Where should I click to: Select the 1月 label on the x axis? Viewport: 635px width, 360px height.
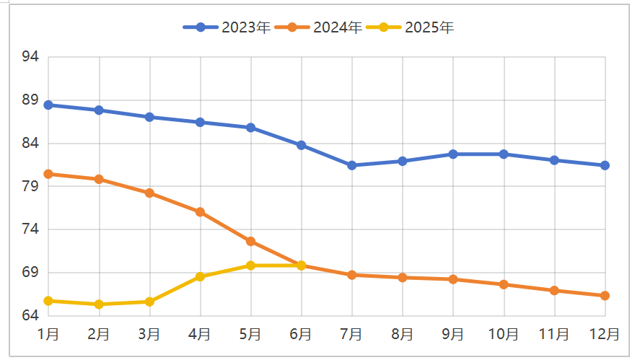coord(48,335)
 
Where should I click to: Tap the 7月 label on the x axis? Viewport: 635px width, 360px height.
coord(351,335)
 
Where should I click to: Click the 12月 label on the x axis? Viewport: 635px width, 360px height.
coord(605,335)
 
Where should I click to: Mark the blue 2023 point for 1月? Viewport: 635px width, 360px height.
coord(48,105)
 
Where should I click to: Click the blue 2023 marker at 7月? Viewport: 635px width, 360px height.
coord(351,165)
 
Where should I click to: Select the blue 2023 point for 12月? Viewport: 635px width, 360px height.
coord(605,165)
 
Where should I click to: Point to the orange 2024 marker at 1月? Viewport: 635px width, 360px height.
coord(48,174)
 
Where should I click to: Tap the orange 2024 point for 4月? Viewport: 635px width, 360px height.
coord(200,212)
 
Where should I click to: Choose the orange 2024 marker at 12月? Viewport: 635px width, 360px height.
coord(605,296)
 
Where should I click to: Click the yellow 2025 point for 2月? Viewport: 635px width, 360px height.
coord(99,304)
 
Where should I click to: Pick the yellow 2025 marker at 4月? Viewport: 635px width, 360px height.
coord(200,277)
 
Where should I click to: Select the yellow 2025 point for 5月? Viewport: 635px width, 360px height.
coord(250,265)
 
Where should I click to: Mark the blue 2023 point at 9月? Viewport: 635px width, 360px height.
coord(453,154)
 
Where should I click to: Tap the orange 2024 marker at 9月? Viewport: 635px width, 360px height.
coord(453,279)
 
